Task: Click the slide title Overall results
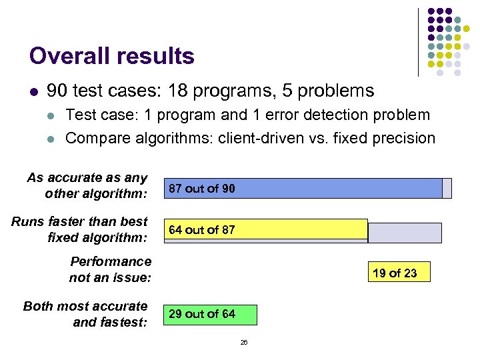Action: tap(112, 56)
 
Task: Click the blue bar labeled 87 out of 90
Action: tap(303, 189)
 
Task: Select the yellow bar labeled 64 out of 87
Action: tap(266, 229)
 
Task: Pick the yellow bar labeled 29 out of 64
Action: tap(210, 314)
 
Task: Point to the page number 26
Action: tap(243, 342)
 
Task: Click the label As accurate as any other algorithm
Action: tap(87, 186)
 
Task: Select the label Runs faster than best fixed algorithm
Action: tap(79, 229)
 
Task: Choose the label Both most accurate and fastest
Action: tap(85, 314)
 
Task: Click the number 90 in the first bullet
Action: tap(58, 91)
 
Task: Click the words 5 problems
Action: tap(329, 91)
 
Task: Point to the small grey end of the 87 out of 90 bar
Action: tap(447, 189)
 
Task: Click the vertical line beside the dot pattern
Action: tap(418, 41)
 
